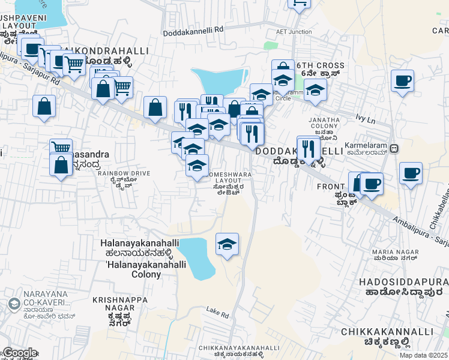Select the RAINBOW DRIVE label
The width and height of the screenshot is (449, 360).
(x=124, y=173)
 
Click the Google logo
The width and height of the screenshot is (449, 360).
(x=19, y=353)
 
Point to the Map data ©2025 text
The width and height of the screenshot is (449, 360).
(x=423, y=355)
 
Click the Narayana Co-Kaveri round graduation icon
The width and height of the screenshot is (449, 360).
(x=13, y=304)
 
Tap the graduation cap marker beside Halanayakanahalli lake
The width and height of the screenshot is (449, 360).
(x=227, y=244)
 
